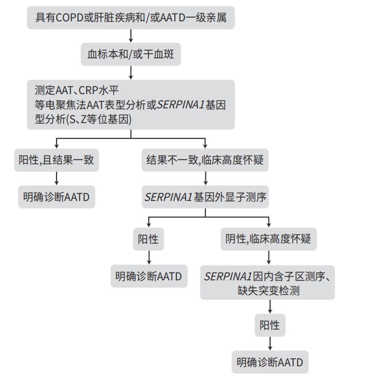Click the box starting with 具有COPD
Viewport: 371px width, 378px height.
click(130, 17)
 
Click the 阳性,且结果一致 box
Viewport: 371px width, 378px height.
click(56, 160)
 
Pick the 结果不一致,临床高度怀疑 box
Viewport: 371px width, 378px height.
click(205, 160)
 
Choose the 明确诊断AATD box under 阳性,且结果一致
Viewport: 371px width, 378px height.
click(56, 197)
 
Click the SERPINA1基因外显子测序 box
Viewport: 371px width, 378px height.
click(205, 197)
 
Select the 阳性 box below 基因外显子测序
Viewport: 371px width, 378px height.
click(148, 239)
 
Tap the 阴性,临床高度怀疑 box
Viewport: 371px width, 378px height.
click(268, 239)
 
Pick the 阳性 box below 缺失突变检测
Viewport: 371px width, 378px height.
click(270, 325)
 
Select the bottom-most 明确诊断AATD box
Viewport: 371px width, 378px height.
click(270, 362)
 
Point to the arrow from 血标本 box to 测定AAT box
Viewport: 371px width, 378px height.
click(130, 72)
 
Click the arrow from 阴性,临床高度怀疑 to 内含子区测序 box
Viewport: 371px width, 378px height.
click(268, 257)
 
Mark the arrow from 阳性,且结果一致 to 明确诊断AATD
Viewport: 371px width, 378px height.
click(56, 178)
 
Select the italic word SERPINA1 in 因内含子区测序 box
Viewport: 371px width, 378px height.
click(228, 276)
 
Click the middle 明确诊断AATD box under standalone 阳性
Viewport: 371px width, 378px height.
click(149, 276)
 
